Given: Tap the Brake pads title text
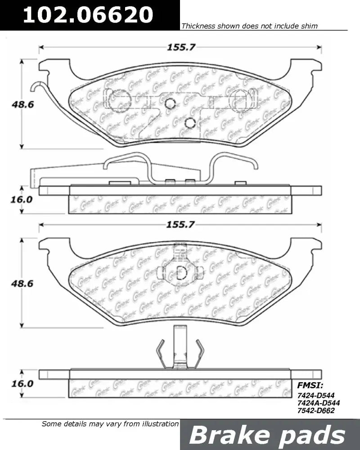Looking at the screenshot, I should [x=267, y=435].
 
